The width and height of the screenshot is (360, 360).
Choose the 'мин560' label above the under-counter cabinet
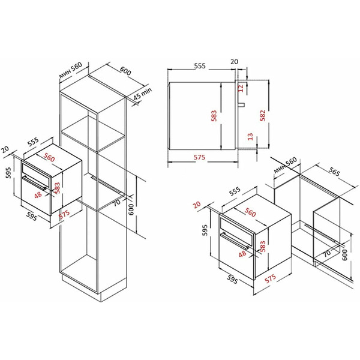[x=286, y=164]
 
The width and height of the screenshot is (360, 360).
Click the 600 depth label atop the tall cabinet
[x=125, y=71]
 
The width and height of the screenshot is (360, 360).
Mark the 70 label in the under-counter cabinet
[x=326, y=254]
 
